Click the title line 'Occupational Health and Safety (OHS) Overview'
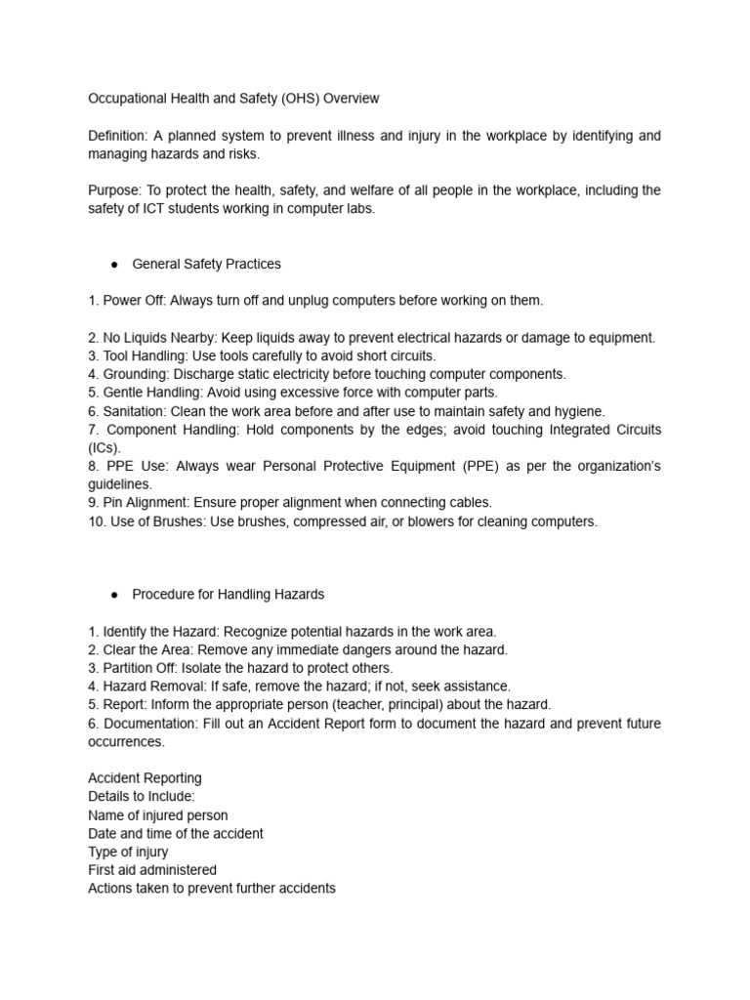coord(233,99)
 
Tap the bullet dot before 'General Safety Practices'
coord(114,264)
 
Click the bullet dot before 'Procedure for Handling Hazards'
coord(114,594)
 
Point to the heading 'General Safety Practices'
coord(206,264)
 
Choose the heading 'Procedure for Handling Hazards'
coord(229,594)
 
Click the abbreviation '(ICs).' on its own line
coord(104,448)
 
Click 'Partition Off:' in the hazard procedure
coord(140,668)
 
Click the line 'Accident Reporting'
coord(145,778)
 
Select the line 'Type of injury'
coord(128,852)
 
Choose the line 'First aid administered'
coord(152,870)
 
